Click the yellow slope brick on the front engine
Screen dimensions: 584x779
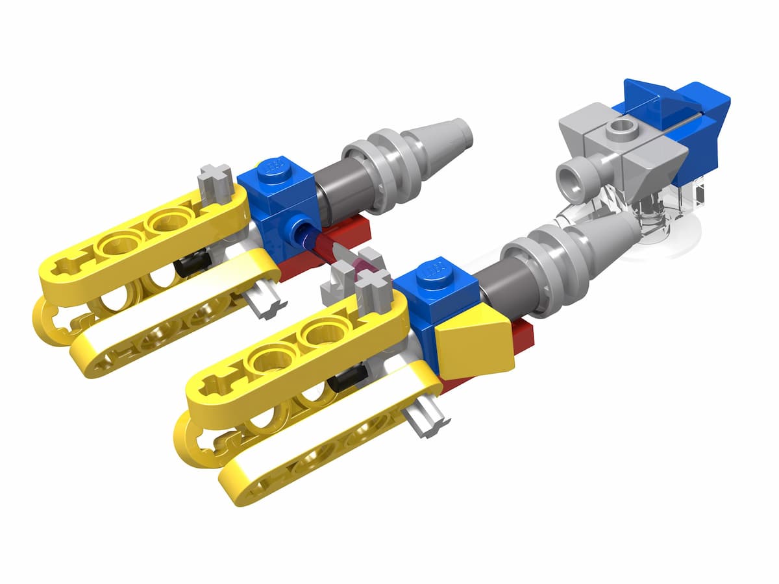pyautogui.click(x=474, y=344)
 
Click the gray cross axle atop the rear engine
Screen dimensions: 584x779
pyautogui.click(x=216, y=180)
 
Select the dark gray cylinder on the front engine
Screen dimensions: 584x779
pyautogui.click(x=500, y=286)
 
